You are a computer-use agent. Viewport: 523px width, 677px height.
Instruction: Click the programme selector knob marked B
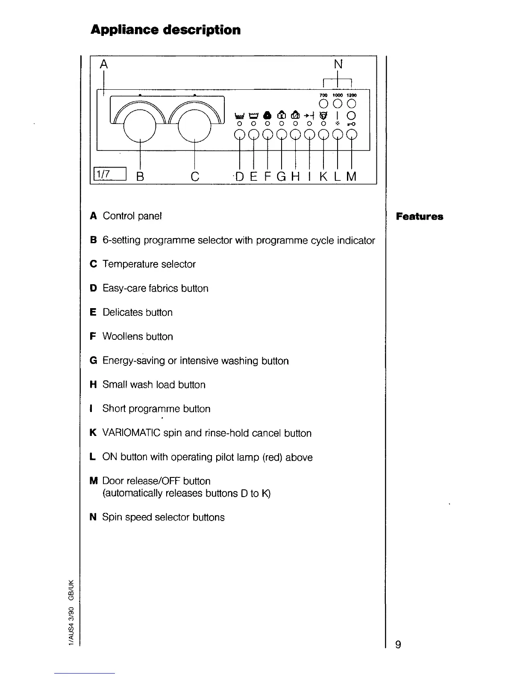[x=140, y=125]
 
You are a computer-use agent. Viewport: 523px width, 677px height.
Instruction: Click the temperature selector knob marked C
[x=195, y=125]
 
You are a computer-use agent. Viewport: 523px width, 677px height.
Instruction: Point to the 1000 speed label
[x=338, y=95]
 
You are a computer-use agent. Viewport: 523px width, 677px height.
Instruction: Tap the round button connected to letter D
[x=240, y=135]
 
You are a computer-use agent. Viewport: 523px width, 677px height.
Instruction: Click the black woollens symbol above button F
[x=267, y=115]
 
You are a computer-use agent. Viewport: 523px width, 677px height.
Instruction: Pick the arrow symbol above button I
[x=309, y=115]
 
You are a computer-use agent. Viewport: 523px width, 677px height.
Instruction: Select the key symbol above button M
[x=352, y=124]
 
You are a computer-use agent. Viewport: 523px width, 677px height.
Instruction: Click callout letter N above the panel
[x=338, y=65]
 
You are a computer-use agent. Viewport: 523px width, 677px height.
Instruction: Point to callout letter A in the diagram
[x=103, y=65]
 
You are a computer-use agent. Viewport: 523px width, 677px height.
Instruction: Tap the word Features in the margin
[x=419, y=216]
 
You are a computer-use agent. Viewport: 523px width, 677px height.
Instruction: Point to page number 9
[x=398, y=645]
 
